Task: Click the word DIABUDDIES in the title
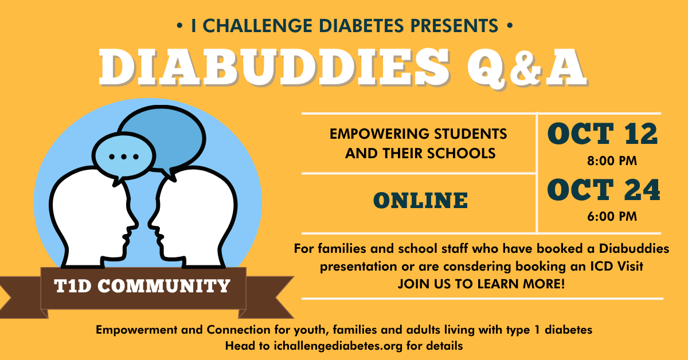[274, 67]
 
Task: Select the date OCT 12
[602, 134]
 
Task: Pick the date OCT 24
[603, 190]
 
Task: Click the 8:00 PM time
[612, 161]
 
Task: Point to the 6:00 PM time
[612, 217]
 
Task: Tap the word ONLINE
[420, 201]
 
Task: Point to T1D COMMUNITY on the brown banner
[142, 286]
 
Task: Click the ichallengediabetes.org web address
[338, 346]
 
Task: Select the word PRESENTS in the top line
[454, 25]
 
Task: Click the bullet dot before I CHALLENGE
[179, 26]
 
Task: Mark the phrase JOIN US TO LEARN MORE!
[481, 284]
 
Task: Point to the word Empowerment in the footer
[136, 330]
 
